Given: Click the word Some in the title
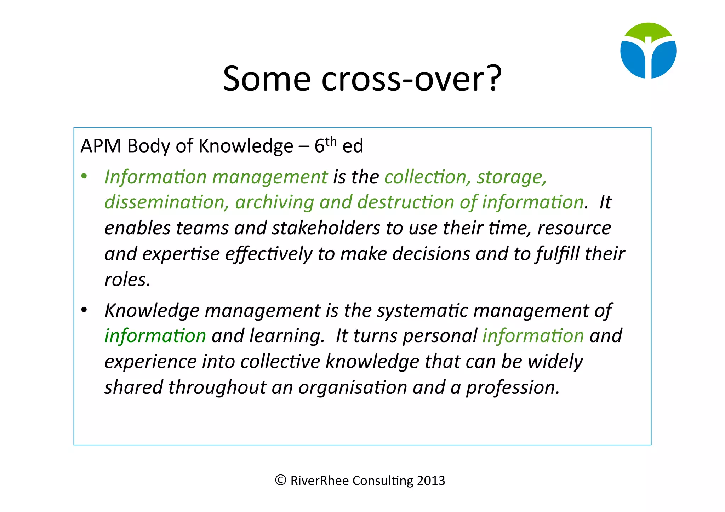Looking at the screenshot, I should click(267, 79).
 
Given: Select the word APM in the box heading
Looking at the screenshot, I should click(101, 146).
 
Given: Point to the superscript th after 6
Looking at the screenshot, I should click(331, 142).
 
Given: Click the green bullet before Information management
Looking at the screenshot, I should click(84, 176).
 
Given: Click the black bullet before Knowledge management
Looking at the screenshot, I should click(84, 310).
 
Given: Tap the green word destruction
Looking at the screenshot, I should click(406, 202).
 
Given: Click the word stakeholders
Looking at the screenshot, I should click(326, 228).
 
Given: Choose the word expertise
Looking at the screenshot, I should click(181, 254).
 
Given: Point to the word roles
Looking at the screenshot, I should click(127, 280).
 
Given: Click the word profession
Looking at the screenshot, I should click(513, 387).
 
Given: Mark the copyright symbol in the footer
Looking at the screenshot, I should click(280, 480).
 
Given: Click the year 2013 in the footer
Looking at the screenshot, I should click(431, 481).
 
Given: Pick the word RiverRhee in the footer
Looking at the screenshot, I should click(319, 481).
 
